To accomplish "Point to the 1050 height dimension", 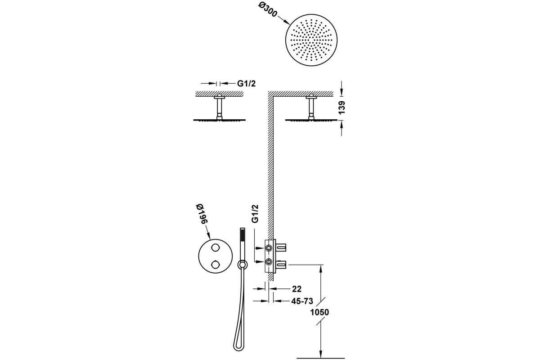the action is coord(319,312).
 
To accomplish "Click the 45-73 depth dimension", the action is coord(302,301).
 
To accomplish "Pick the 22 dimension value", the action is coord(297,289).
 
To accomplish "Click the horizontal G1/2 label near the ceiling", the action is coord(247,83).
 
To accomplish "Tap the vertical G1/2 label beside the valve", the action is coord(255,214).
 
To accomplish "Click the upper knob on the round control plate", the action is coord(215,247).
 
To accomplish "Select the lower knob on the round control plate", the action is coord(215,265).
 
